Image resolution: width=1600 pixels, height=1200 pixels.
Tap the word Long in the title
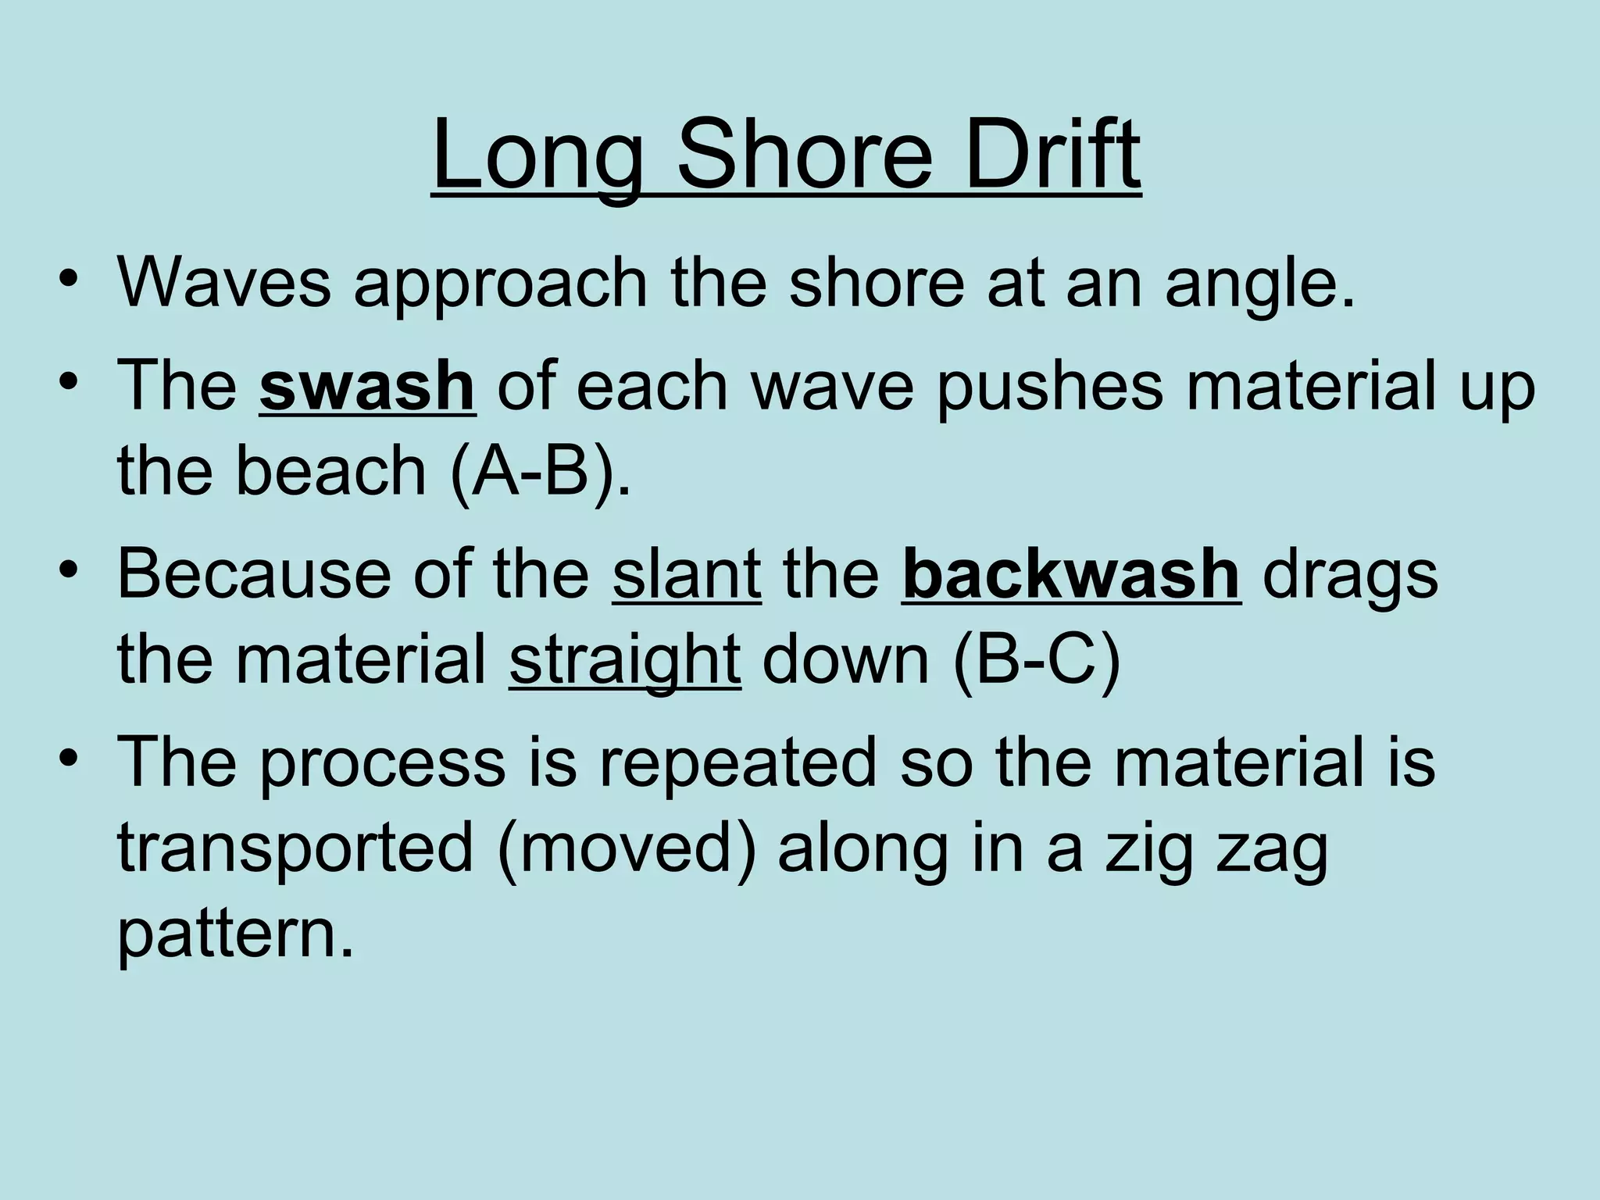[x=540, y=156]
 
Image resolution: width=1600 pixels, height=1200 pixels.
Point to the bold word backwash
[x=1071, y=575]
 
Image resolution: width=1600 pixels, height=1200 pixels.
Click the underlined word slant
[x=687, y=575]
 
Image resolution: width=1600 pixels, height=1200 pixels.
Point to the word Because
[x=254, y=575]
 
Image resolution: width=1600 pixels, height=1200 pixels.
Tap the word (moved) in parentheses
[x=626, y=850]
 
